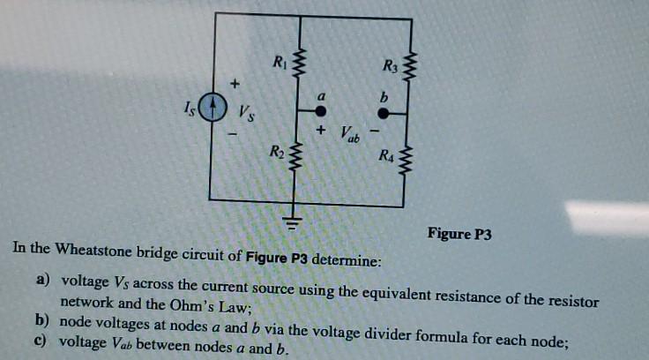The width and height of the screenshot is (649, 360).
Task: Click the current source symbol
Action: click(x=211, y=109)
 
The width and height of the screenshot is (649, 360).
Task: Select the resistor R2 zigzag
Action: click(x=296, y=159)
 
